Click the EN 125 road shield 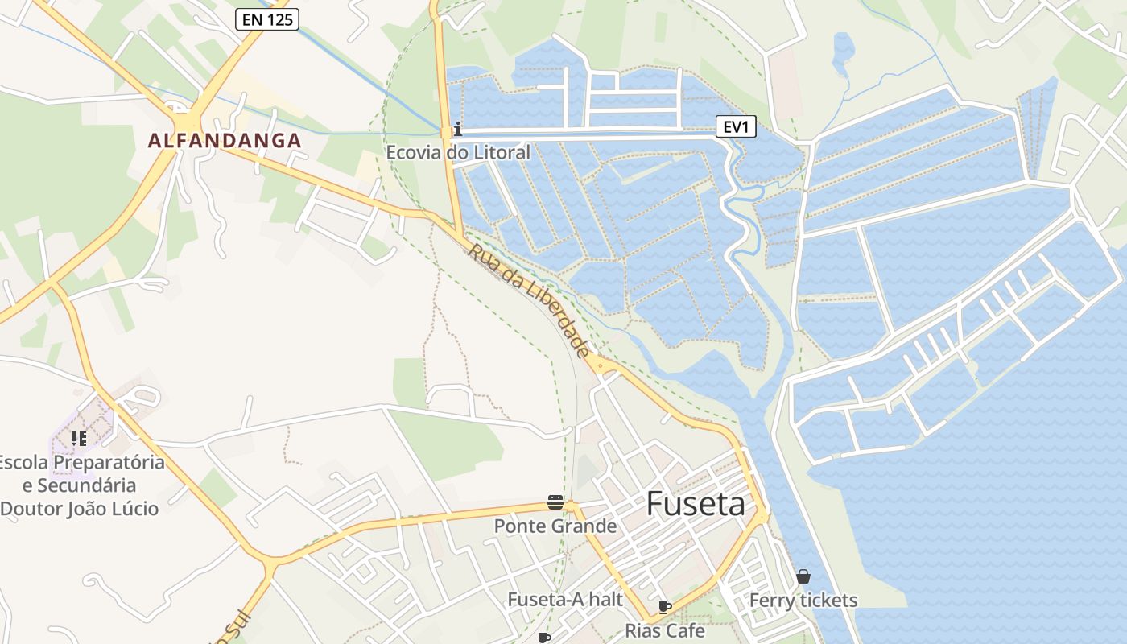coord(267,20)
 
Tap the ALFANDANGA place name coord(225,141)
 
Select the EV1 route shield coord(736,126)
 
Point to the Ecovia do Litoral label coord(458,152)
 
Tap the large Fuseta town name coord(696,504)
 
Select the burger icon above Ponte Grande coord(555,502)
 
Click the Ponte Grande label coord(555,526)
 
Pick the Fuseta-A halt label coord(565,599)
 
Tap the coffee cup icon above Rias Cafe coord(664,607)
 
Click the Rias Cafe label coord(665,630)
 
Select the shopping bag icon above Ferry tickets coord(803,576)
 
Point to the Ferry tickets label coord(803,601)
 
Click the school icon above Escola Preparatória coord(78,439)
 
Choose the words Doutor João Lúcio coord(80,509)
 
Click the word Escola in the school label coord(23,463)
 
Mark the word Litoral coord(502,152)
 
